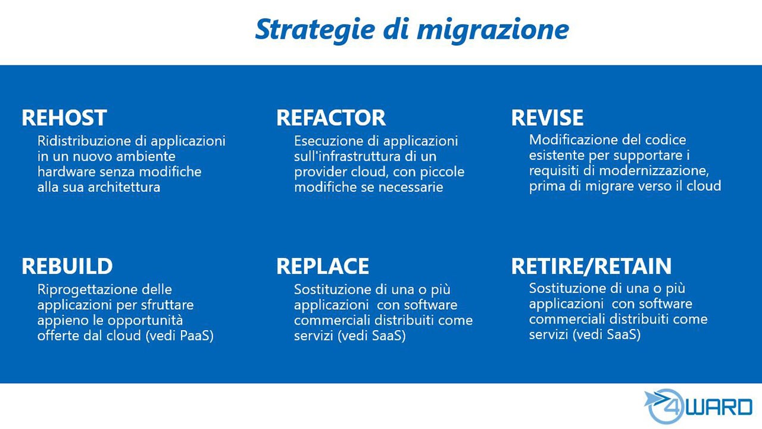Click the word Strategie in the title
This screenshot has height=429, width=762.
(315, 30)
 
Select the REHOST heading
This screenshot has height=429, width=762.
(64, 117)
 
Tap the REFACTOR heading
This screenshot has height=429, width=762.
(331, 117)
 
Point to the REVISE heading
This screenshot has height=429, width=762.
(547, 117)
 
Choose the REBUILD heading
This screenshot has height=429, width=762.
(67, 266)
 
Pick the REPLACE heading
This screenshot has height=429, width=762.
(323, 266)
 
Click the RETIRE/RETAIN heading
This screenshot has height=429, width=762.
(592, 266)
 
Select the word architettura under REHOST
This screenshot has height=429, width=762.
(124, 187)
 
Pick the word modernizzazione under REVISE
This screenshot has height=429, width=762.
(654, 170)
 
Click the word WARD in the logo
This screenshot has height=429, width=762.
(719, 407)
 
